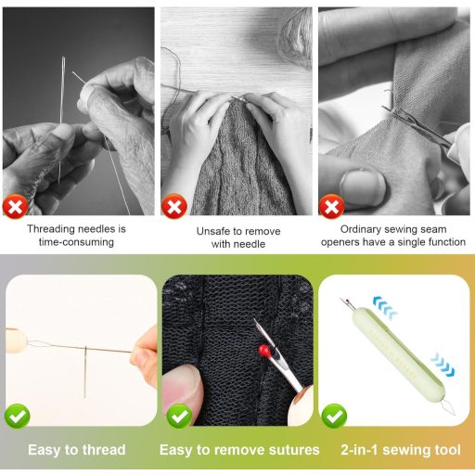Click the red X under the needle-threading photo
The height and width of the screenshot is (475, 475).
tap(15, 206)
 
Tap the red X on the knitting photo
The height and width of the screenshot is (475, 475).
tap(174, 206)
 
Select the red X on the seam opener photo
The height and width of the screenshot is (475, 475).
tap(331, 206)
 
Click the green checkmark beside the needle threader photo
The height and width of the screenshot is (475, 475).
tap(18, 417)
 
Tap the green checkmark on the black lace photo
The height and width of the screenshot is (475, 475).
tap(179, 417)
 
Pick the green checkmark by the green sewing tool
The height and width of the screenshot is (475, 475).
tap(334, 417)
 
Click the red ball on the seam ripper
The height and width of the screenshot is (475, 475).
tap(264, 351)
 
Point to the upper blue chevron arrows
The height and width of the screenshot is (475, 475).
tap(384, 307)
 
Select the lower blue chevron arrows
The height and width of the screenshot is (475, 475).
tap(443, 365)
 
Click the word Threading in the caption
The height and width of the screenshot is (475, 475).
tap(50, 229)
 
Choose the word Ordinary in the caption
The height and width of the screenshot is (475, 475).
tap(360, 229)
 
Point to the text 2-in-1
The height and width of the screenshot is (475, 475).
tap(360, 450)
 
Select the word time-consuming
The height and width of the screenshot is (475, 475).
tap(76, 242)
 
